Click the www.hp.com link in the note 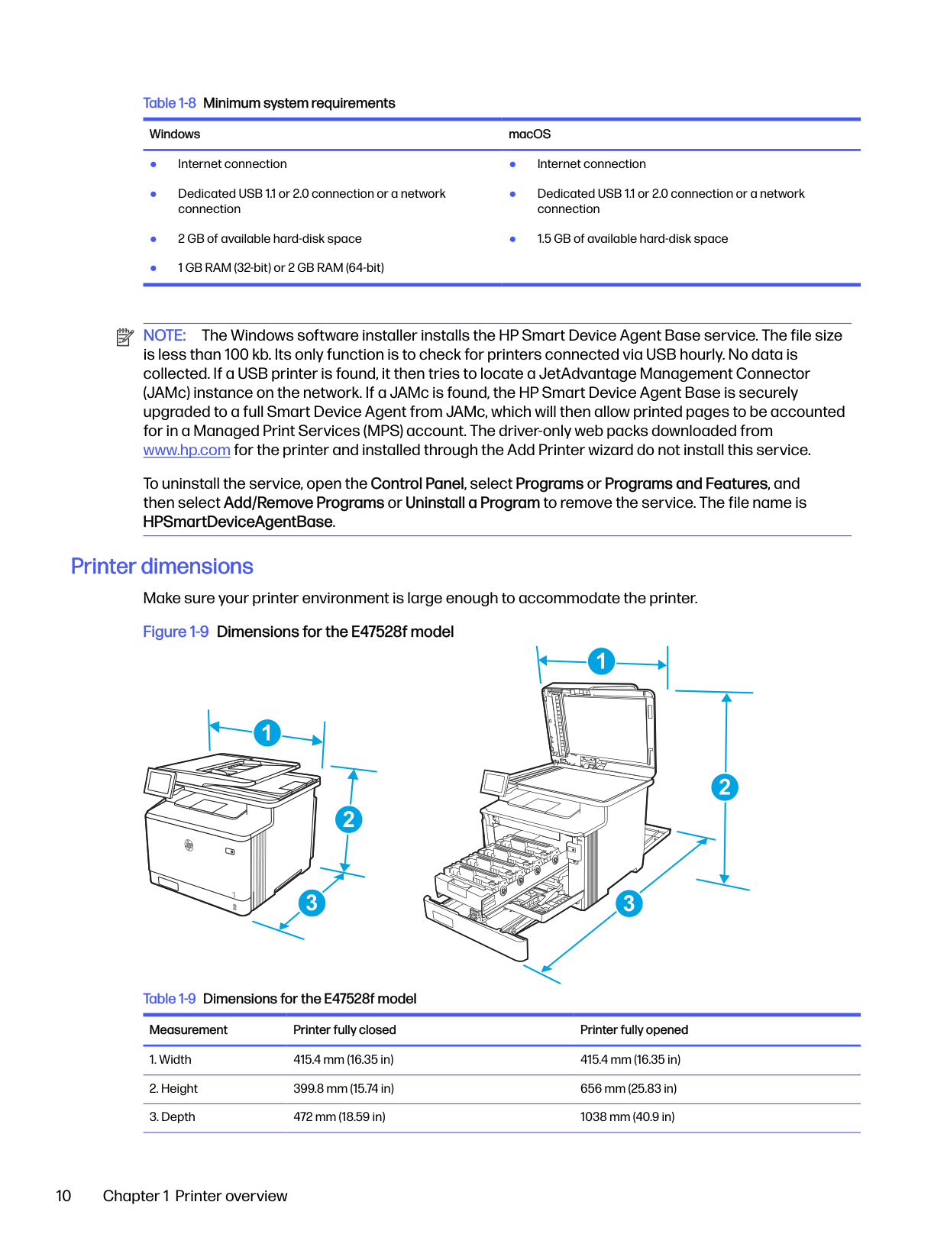(186, 451)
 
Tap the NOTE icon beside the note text (124, 337)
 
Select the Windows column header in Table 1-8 (175, 134)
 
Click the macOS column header (529, 134)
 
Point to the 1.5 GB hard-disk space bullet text (632, 239)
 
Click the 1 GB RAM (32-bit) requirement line (280, 268)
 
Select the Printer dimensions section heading (162, 567)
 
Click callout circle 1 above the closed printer (267, 733)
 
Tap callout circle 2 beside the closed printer (349, 820)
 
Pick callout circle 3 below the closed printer (312, 903)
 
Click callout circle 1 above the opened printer (601, 661)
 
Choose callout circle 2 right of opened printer (725, 787)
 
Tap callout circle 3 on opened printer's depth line (629, 903)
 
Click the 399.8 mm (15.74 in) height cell (344, 1089)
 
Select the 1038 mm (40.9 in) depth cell (627, 1117)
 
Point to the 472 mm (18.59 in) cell (339, 1117)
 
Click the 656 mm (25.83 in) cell (629, 1089)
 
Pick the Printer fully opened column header (634, 1030)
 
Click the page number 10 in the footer (63, 1196)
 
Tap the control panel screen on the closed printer (160, 783)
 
